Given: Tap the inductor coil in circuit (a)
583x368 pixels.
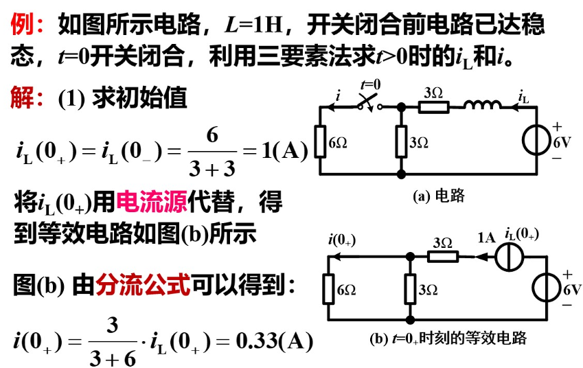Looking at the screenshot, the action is tap(483, 106).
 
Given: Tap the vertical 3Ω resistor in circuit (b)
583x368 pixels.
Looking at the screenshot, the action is tap(410, 290).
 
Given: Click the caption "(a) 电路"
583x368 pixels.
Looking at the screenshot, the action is tap(439, 196).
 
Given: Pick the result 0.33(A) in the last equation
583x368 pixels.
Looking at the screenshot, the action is tap(274, 340).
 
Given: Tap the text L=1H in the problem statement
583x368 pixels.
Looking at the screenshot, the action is tap(253, 26).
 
